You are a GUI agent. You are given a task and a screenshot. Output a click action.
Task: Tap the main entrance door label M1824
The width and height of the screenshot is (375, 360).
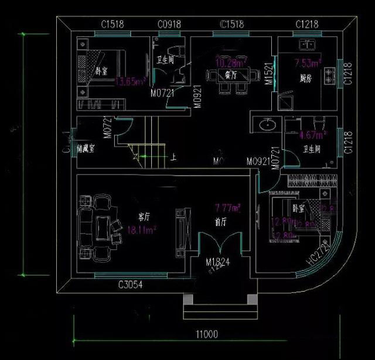(217, 262)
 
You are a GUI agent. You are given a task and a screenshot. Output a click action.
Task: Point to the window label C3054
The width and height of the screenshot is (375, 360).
(130, 285)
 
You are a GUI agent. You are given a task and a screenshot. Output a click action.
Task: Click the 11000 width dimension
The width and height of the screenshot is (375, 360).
(207, 335)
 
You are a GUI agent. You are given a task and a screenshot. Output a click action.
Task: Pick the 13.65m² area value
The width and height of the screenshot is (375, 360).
(129, 82)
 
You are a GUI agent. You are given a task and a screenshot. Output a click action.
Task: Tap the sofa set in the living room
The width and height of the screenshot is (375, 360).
(96, 225)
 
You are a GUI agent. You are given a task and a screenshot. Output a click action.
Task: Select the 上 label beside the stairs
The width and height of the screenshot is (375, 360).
(174, 157)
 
